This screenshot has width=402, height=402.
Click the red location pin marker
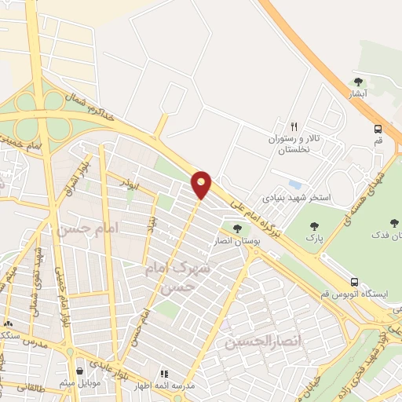[203, 185]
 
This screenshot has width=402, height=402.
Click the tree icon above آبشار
[359, 82]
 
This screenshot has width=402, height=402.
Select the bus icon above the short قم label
[378, 129]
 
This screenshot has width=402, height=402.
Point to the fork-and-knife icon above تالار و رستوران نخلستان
[294, 126]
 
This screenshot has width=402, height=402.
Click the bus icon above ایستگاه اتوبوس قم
[354, 282]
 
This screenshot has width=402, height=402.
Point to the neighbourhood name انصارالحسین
[253, 342]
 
